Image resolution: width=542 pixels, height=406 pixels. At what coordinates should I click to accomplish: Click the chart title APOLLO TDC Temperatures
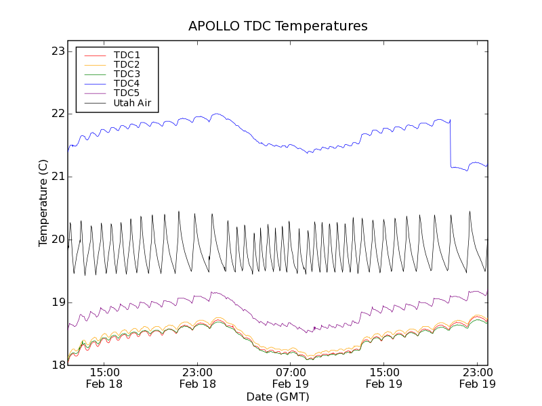[x=278, y=26]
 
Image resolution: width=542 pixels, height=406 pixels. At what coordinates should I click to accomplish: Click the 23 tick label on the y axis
[x=58, y=51]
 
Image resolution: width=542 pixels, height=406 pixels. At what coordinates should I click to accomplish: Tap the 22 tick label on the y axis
[x=58, y=114]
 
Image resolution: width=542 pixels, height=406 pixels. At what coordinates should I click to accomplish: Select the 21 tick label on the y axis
[x=58, y=177]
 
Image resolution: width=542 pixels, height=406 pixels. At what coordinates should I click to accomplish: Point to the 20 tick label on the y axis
[x=58, y=240]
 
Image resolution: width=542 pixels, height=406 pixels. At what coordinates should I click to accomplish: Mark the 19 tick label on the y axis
[x=58, y=302]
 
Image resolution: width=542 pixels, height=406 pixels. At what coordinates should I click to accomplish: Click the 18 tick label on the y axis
[x=58, y=365]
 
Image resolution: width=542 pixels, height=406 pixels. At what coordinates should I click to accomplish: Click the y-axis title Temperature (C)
[x=43, y=203]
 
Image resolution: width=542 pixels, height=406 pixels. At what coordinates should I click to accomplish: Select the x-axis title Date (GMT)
[x=278, y=396]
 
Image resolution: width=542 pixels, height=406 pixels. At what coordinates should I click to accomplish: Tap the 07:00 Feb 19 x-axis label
[x=291, y=378]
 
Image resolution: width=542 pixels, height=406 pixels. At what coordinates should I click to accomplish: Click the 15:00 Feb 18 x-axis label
[x=104, y=378]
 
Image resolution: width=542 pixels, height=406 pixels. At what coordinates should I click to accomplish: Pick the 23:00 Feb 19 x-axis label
[x=477, y=378]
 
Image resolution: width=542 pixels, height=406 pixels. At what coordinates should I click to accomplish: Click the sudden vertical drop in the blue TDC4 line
[x=451, y=143]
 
